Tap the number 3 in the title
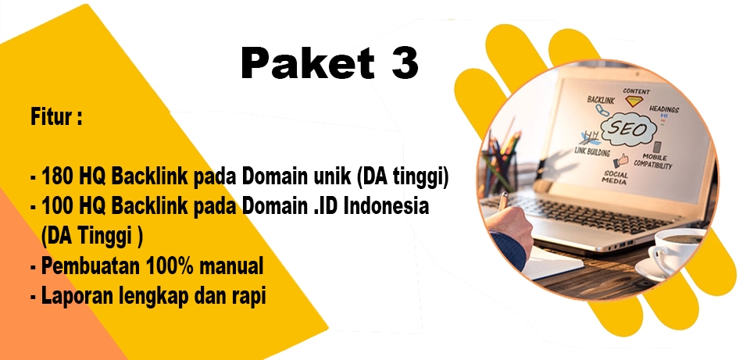pyautogui.click(x=405, y=63)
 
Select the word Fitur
pyautogui.click(x=52, y=117)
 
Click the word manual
pyautogui.click(x=231, y=266)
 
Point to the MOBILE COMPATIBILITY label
pyautogui.click(x=653, y=161)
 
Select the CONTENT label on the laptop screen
pyautogui.click(x=636, y=91)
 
